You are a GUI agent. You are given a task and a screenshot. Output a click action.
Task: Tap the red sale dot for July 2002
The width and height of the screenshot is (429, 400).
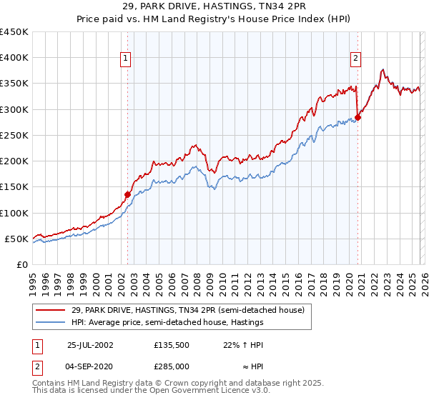(128, 194)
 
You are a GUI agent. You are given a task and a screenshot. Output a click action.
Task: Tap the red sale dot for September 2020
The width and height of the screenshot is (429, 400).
(357, 118)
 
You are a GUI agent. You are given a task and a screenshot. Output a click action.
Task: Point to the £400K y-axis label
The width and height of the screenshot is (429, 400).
(14, 58)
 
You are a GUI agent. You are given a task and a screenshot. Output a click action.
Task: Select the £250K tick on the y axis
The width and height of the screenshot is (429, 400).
(14, 136)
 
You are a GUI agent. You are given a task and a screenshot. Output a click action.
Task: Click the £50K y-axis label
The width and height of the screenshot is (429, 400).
(17, 239)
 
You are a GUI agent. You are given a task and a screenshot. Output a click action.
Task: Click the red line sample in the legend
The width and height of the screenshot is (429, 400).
(51, 310)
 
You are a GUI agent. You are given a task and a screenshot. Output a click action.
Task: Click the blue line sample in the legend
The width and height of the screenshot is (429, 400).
(51, 322)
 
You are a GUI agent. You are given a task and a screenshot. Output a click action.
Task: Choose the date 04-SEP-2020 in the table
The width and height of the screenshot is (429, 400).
(89, 366)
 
